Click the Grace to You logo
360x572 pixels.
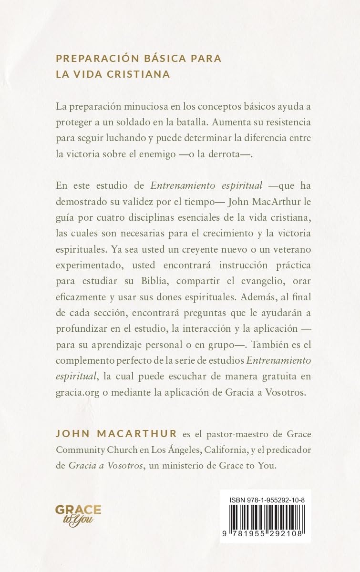pyautogui.click(x=78, y=516)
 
